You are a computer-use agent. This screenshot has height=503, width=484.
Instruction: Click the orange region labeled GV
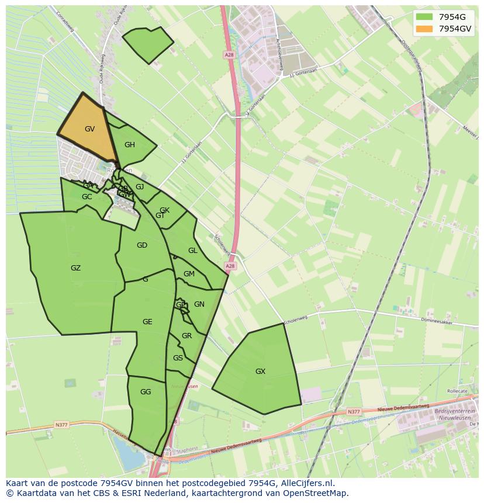coord(89,129)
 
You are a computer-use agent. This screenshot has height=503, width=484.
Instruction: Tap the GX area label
coord(260,372)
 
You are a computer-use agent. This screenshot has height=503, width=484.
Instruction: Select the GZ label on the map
coord(75,268)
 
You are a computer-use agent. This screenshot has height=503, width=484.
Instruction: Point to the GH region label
coord(130,145)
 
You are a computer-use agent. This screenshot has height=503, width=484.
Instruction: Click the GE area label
coord(147,322)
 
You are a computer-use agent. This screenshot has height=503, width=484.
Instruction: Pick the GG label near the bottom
coord(146,392)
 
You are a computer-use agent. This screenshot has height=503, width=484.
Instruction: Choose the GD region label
coord(142,245)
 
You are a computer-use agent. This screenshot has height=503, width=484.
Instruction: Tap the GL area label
coord(192,251)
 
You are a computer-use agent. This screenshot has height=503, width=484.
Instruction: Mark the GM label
coord(189,274)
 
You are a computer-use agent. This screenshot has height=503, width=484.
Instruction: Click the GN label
coord(199,304)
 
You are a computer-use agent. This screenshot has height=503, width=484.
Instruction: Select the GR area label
coord(186,336)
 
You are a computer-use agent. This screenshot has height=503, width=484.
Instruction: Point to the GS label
coord(178,358)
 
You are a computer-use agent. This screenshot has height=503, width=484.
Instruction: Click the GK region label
coord(164,210)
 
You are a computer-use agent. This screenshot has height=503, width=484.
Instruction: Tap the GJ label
coord(140,187)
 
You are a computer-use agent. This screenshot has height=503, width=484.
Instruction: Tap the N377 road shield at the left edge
coord(62,425)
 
